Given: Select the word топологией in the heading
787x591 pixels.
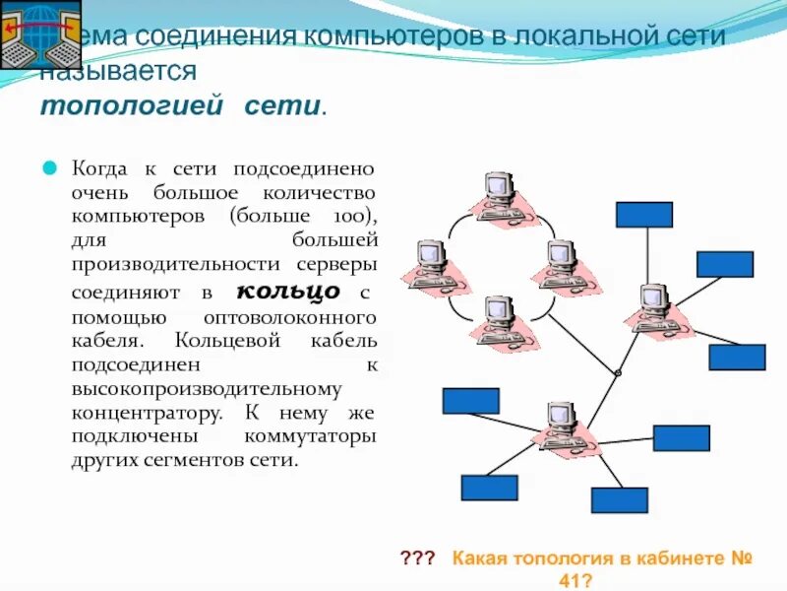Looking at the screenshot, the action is coord(132,106).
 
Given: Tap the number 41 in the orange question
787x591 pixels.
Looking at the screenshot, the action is coord(574,580).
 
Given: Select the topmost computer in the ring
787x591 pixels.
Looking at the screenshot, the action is coord(499,191).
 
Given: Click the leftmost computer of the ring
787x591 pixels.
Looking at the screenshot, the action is coord(429,260).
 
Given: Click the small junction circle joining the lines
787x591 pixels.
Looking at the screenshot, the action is coord(618,372).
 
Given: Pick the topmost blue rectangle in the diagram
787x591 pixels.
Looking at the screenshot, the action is coord(643,215).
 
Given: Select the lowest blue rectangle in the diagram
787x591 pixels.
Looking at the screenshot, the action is coord(619,500).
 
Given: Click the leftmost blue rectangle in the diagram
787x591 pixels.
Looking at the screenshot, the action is coord(470,401).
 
